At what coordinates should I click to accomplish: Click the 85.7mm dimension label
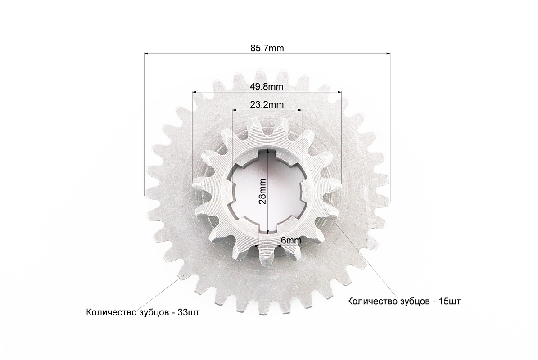click(x=267, y=48)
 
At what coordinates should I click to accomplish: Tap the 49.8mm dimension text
click(x=267, y=87)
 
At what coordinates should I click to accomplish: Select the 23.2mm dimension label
click(x=267, y=104)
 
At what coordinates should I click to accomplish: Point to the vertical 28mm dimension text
click(x=262, y=191)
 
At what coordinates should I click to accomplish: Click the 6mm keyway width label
click(x=291, y=240)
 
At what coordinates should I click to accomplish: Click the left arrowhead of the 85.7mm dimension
click(x=146, y=54)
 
